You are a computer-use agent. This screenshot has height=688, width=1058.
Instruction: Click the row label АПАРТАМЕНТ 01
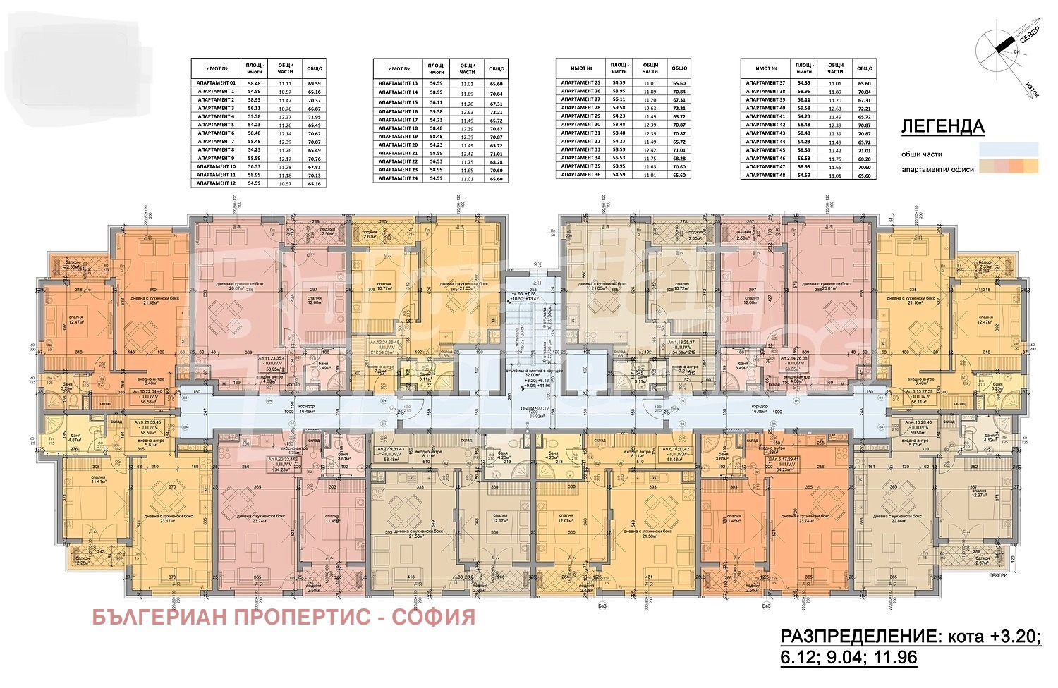pyautogui.click(x=216, y=83)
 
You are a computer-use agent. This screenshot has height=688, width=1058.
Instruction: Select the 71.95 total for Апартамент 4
pyautogui.click(x=314, y=116)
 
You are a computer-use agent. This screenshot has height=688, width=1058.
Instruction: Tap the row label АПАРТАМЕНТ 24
pyautogui.click(x=399, y=178)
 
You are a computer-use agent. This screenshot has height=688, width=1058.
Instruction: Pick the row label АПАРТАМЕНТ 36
pyautogui.click(x=580, y=175)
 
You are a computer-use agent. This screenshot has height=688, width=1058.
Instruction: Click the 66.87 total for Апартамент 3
pyautogui.click(x=314, y=108)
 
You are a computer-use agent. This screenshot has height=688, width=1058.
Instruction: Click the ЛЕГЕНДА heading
pyautogui.click(x=942, y=127)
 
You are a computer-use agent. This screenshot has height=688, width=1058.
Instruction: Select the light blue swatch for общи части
pyautogui.click(x=1008, y=149)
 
